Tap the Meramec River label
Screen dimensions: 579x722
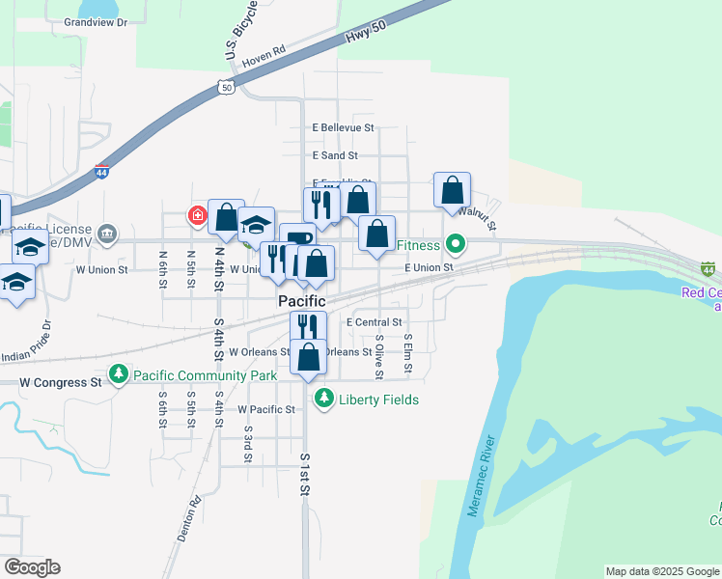coord(486,477)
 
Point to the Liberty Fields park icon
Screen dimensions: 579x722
coord(325,399)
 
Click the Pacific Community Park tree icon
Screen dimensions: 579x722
coord(119,373)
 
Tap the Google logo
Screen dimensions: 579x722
coord(32,567)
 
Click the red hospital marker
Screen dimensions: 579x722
coord(197,214)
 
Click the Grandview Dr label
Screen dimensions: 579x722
coord(96,22)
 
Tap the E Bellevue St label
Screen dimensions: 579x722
coord(343,127)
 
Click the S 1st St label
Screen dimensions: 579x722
coord(305,475)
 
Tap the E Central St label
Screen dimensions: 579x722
coord(372,322)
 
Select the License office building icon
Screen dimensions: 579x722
coord(107,234)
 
